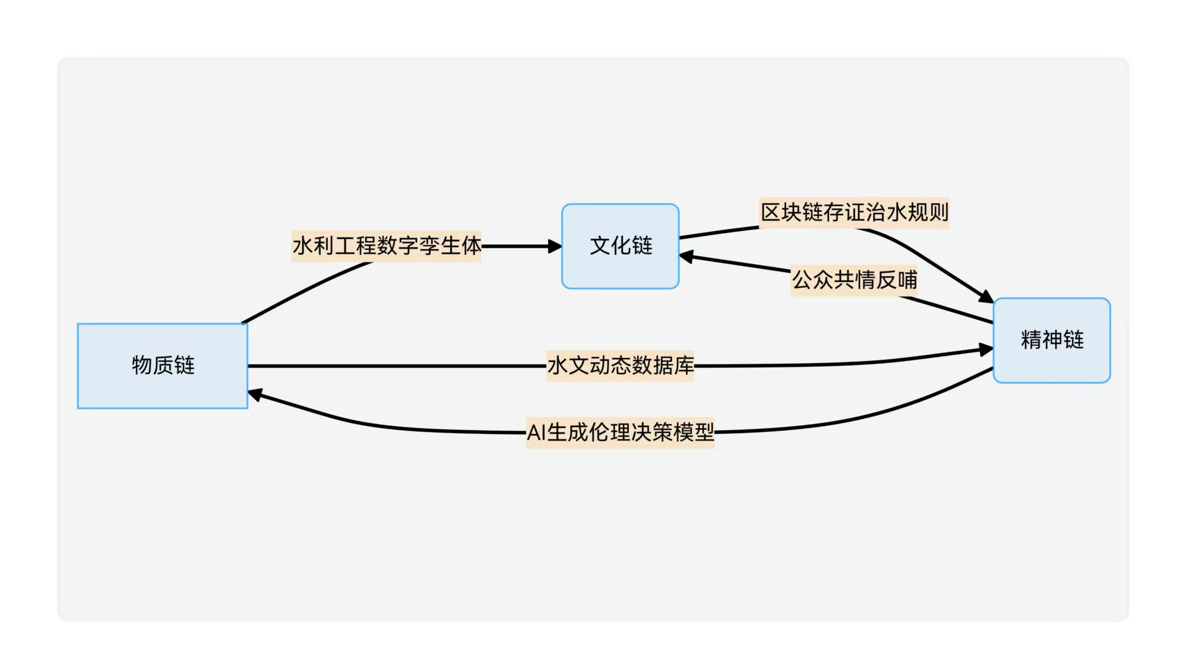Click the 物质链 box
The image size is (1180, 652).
pyautogui.click(x=162, y=366)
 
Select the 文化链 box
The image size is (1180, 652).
pyautogui.click(x=620, y=246)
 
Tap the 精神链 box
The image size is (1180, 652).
pyautogui.click(x=1052, y=340)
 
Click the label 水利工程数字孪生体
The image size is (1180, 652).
pyautogui.click(x=386, y=246)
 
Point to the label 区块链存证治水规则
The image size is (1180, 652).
pyautogui.click(x=854, y=212)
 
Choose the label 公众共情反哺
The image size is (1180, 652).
pyautogui.click(x=854, y=280)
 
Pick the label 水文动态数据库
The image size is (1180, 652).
pyautogui.click(x=620, y=366)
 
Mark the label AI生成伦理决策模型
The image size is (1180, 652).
pyautogui.click(x=620, y=433)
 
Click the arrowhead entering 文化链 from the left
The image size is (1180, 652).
pyautogui.click(x=555, y=247)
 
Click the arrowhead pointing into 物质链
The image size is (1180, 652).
pyautogui.click(x=255, y=395)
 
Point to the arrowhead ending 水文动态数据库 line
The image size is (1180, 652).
pyautogui.click(x=986, y=350)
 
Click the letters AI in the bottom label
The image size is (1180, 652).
pyautogui.click(x=536, y=433)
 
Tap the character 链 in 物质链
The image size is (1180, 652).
pyautogui.click(x=184, y=366)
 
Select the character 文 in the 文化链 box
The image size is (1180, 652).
pyautogui.click(x=600, y=246)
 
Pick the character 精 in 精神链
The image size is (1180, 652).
pyautogui.click(x=1031, y=340)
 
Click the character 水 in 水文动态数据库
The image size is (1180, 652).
pyautogui.click(x=557, y=366)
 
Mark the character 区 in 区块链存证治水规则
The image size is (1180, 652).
pyautogui.click(x=771, y=212)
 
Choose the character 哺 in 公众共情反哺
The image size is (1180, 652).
pyautogui.click(x=907, y=280)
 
